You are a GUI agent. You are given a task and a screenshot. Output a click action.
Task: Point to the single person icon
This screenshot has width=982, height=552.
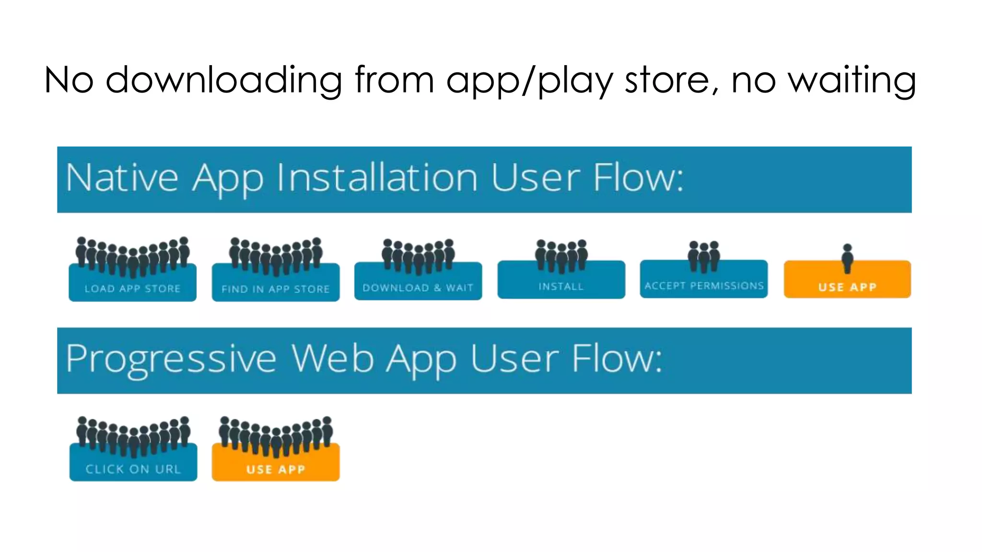[847, 258]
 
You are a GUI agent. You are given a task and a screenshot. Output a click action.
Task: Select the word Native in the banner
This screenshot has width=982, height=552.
[122, 178]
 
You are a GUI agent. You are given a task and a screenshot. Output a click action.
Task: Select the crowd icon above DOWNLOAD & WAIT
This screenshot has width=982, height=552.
[418, 256]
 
